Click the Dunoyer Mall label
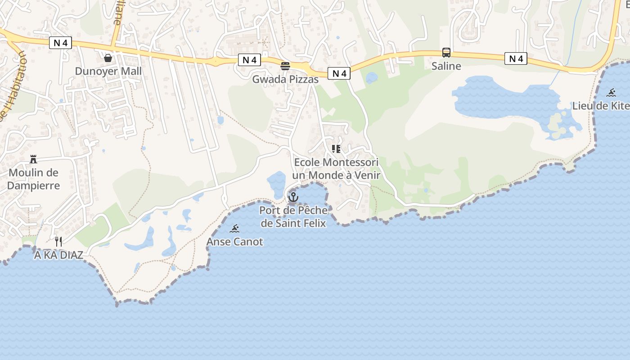(x=108, y=71)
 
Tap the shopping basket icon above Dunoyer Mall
(x=108, y=58)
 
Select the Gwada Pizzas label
(x=285, y=79)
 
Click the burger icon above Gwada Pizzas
(x=285, y=66)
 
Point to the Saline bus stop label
(x=446, y=66)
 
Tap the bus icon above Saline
(x=446, y=53)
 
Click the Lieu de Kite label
(x=601, y=106)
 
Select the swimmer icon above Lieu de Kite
(x=611, y=93)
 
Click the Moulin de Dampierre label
(x=34, y=179)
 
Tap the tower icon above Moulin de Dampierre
(x=33, y=159)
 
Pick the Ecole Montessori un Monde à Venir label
(x=336, y=169)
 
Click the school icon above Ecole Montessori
(x=336, y=148)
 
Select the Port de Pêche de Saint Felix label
(x=293, y=216)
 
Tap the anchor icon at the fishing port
(x=293, y=197)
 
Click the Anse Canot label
(x=234, y=242)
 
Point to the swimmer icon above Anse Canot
(x=234, y=229)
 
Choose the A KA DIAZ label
(x=58, y=255)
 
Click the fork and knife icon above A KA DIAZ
(x=58, y=242)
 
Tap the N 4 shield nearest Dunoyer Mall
(x=60, y=43)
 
